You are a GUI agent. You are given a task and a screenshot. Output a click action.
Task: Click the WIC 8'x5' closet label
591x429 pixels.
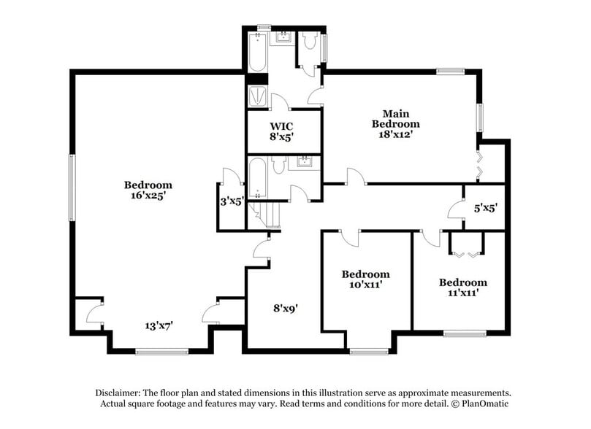[281, 131]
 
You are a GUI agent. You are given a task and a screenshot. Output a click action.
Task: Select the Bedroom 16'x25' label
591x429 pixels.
[148, 190]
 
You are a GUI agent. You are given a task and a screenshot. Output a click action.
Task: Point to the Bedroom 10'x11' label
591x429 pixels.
[365, 279]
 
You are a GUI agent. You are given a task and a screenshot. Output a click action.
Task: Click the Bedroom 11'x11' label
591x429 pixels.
[462, 287]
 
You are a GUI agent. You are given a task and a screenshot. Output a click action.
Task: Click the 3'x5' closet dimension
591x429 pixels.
[232, 201]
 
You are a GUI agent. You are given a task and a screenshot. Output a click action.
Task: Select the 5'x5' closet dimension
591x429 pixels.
[486, 208]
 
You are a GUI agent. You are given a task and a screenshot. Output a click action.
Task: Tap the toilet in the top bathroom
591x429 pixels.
[309, 42]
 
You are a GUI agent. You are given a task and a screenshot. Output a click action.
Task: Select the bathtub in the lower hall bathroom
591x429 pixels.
[258, 179]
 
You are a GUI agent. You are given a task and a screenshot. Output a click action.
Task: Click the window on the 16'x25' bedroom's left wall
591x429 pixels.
[71, 187]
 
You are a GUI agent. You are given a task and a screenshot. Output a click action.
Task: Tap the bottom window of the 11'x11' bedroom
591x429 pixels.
[465, 334]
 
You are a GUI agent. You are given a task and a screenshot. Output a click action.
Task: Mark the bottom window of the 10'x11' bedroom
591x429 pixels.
[368, 352]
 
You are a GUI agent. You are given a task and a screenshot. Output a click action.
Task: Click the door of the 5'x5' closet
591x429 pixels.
[457, 210]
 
